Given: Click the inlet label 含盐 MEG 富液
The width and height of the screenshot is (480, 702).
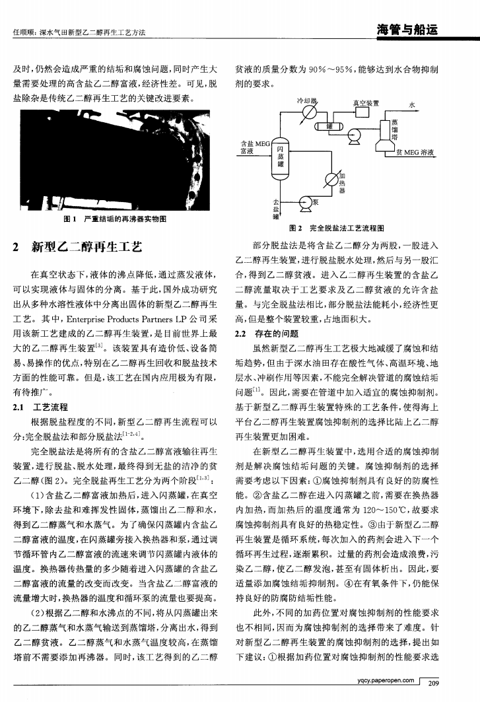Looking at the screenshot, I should click(248, 147).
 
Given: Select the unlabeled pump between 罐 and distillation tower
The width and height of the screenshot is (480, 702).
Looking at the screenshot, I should click(354, 136).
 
